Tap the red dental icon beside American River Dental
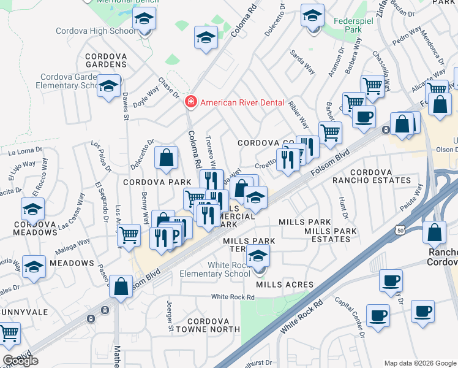(x=191, y=102)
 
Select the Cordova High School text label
(x=96, y=31)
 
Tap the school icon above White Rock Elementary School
(x=258, y=256)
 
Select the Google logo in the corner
(x=20, y=361)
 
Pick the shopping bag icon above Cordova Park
(x=167, y=158)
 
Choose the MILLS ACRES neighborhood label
(x=285, y=285)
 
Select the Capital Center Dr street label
(x=350, y=316)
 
